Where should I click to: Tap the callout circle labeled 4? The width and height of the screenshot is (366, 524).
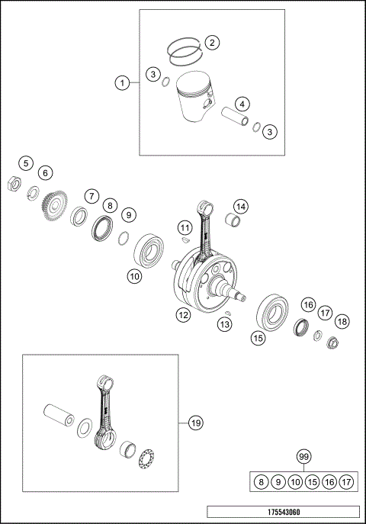241,104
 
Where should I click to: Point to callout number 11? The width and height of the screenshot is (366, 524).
184,228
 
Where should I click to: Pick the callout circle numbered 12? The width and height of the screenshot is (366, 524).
183,314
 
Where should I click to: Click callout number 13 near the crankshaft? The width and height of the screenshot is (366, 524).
224,325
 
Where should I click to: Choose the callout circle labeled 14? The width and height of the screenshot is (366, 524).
240,207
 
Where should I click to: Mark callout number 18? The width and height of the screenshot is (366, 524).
342,322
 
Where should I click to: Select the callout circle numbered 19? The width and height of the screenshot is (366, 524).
195,422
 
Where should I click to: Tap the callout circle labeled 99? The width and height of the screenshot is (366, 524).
304,457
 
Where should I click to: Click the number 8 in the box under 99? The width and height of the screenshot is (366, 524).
262,482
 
